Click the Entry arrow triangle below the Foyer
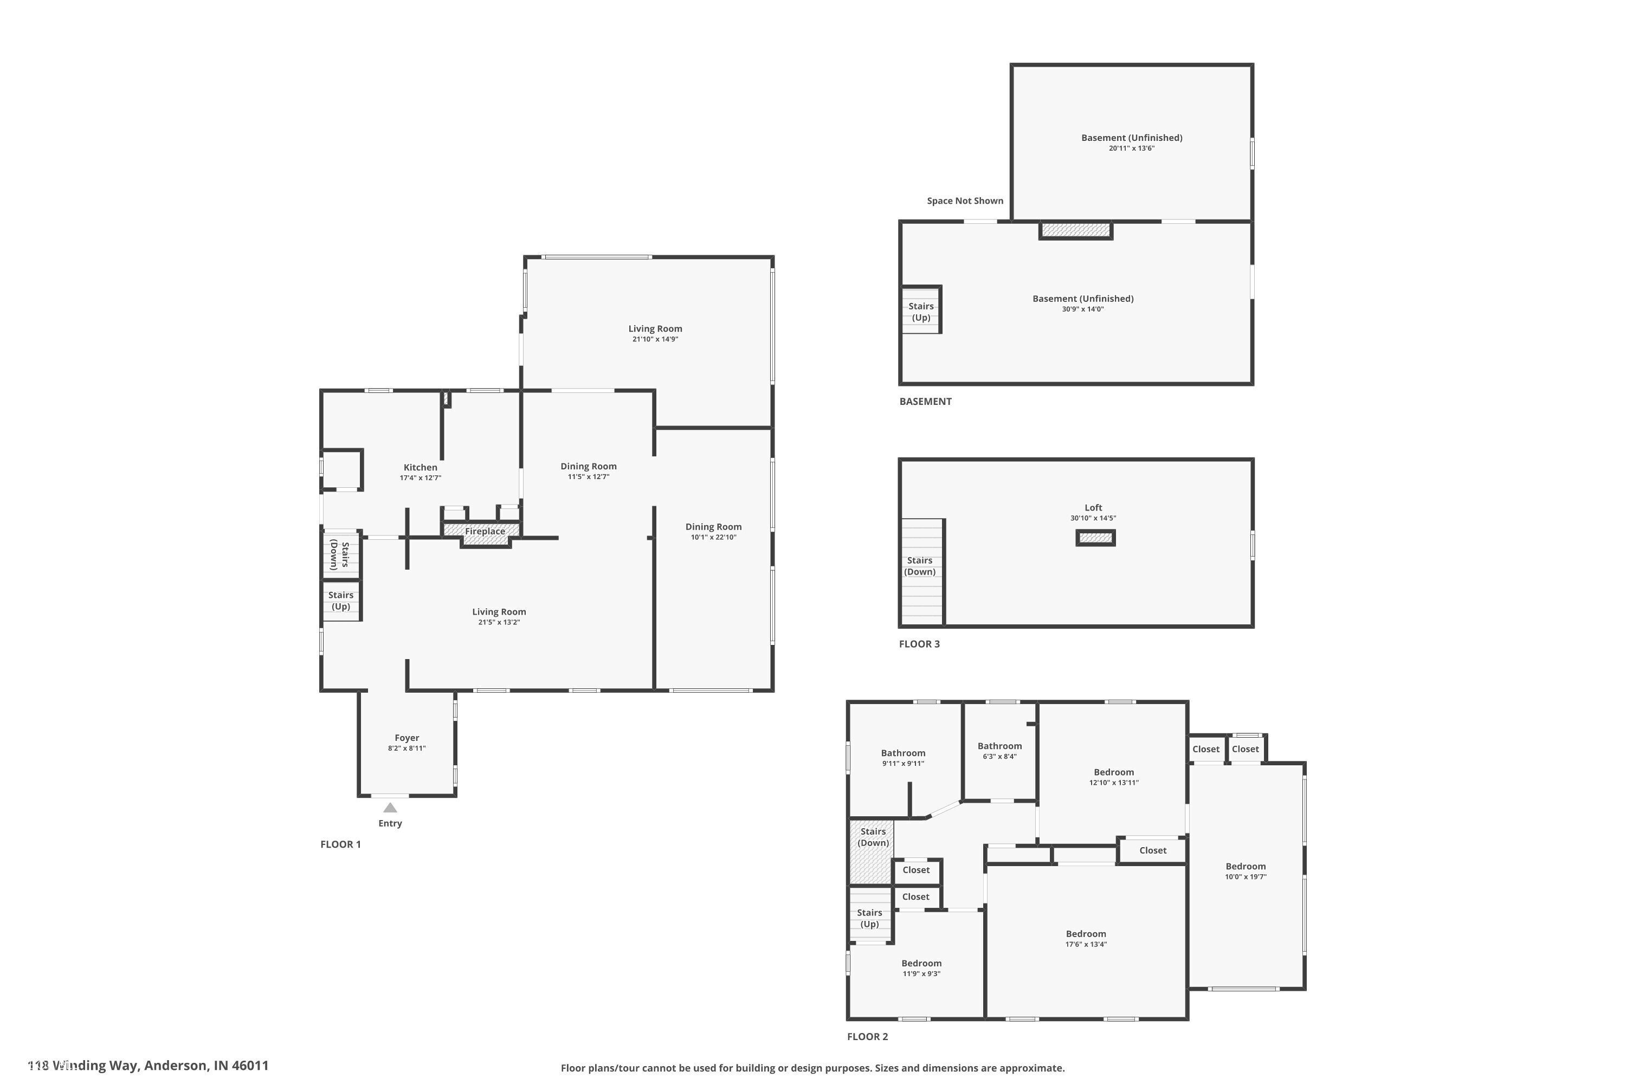(x=390, y=808)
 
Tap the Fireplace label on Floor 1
(x=485, y=531)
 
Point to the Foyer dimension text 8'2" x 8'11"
(x=406, y=748)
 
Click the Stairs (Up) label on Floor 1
(x=341, y=601)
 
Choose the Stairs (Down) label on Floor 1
(x=339, y=554)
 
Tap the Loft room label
(x=1093, y=507)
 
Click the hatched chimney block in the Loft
(x=1095, y=538)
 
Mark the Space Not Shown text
(x=964, y=201)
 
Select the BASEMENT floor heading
(x=925, y=402)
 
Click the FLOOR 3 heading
(x=919, y=644)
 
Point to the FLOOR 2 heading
(x=867, y=1037)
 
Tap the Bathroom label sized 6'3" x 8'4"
(x=999, y=746)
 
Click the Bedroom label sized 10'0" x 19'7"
(x=1245, y=866)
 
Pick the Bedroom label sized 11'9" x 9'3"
(x=921, y=963)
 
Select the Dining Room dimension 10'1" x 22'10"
(x=713, y=537)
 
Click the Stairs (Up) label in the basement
(x=921, y=312)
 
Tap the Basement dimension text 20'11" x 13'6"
(x=1132, y=148)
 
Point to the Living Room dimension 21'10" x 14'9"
(x=655, y=339)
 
